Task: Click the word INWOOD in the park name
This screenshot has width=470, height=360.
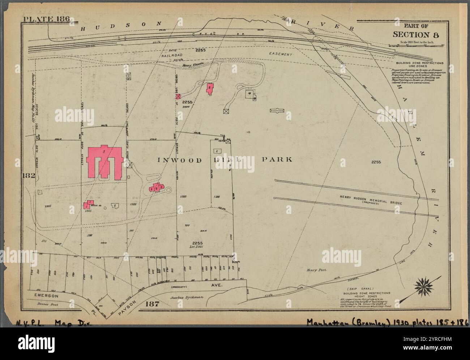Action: pyautogui.click(x=175, y=160)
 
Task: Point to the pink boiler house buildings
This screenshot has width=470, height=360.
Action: pyautogui.click(x=88, y=205)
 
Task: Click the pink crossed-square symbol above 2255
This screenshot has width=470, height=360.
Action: pyautogui.click(x=178, y=96)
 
